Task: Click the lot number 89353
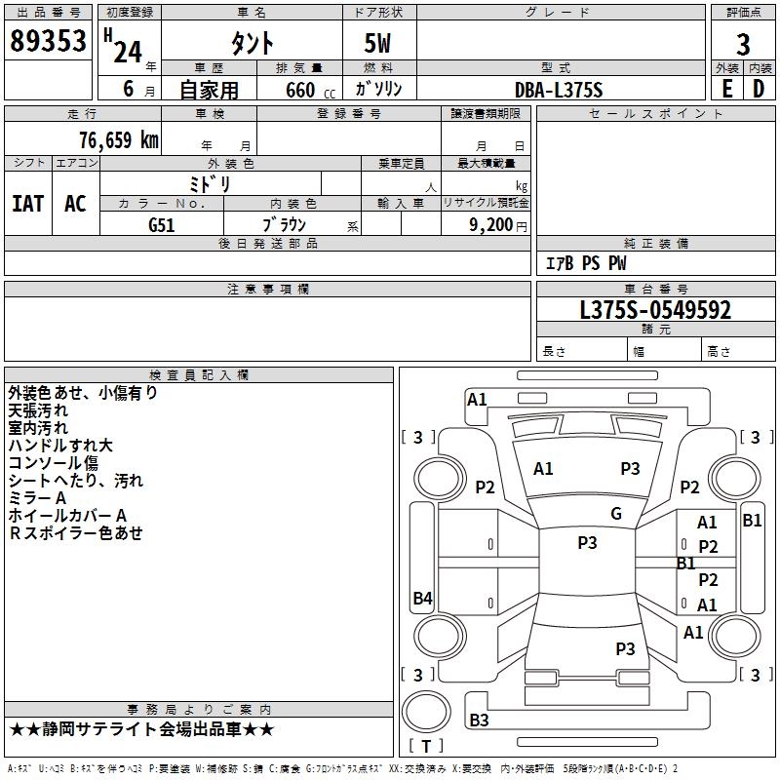tap(48, 41)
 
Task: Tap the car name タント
tap(251, 44)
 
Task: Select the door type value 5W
tap(379, 44)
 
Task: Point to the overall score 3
tap(743, 45)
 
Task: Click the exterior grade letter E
tap(726, 89)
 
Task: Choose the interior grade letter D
tap(759, 89)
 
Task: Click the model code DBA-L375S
tap(559, 90)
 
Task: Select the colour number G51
tap(162, 224)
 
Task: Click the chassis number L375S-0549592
tap(655, 310)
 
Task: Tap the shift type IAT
tap(27, 203)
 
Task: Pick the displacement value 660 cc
tap(299, 90)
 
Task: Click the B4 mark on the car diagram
tap(422, 599)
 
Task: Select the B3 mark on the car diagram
tap(479, 721)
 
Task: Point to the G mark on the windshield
tap(616, 514)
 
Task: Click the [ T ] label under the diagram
tap(425, 746)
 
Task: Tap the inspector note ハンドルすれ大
tap(60, 446)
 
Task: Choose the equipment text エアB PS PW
tap(585, 263)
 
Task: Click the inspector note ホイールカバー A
tap(67, 515)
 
